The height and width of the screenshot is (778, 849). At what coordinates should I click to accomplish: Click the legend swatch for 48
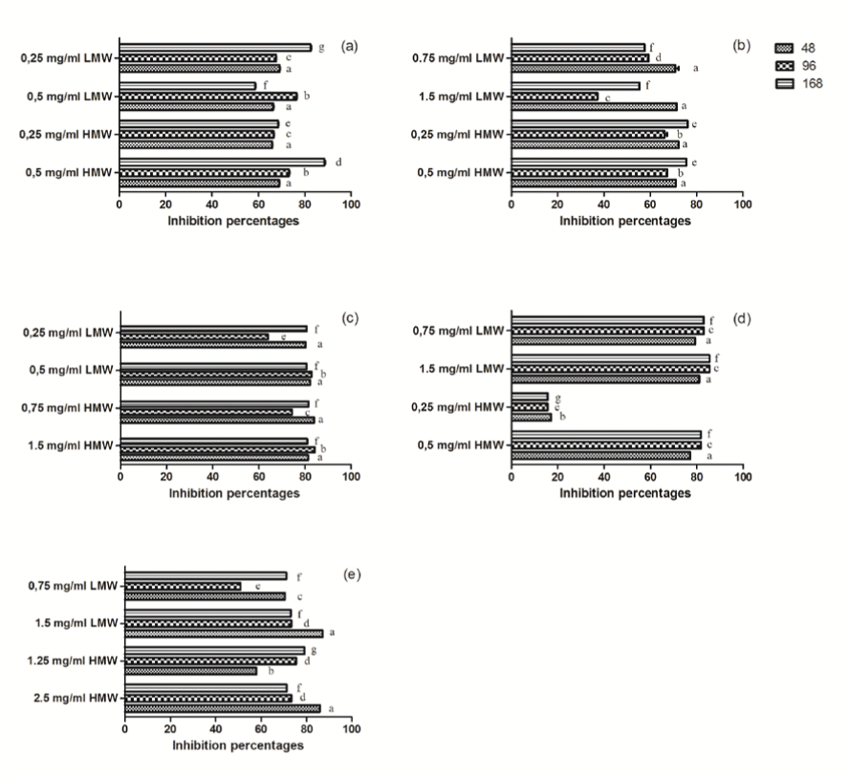point(784,48)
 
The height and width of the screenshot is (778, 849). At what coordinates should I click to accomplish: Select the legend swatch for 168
point(784,83)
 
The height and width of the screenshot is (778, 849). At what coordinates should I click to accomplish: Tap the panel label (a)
point(349,46)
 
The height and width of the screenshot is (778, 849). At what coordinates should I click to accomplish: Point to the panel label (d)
point(741,318)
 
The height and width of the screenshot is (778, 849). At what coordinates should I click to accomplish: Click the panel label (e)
point(352,573)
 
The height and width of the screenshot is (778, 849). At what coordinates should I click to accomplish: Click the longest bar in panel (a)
point(223,162)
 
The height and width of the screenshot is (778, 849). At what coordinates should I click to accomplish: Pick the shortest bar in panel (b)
point(555,97)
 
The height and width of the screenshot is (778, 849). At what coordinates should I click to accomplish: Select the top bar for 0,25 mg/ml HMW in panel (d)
point(530,397)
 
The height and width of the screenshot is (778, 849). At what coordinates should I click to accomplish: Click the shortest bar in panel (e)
point(183,586)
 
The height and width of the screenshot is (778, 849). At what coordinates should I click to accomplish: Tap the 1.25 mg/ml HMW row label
point(73,660)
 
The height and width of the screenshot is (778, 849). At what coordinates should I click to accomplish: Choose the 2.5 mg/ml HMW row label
point(76,698)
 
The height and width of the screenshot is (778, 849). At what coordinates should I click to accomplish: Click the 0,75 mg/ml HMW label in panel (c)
point(67,408)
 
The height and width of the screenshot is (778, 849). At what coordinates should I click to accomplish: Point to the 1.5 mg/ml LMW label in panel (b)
point(462,97)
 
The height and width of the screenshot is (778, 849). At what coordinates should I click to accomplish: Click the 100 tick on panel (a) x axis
point(352,205)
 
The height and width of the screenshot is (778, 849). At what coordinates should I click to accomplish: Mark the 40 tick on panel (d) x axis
point(603,476)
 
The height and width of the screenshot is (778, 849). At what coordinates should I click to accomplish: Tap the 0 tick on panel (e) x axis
point(125,728)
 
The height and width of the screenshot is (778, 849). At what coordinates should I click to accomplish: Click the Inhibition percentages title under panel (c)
point(234,493)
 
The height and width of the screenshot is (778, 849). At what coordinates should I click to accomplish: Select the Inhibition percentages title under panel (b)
point(625,221)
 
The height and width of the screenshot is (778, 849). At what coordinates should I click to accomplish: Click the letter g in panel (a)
point(321,48)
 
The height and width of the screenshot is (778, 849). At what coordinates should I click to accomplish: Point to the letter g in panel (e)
point(314,650)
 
